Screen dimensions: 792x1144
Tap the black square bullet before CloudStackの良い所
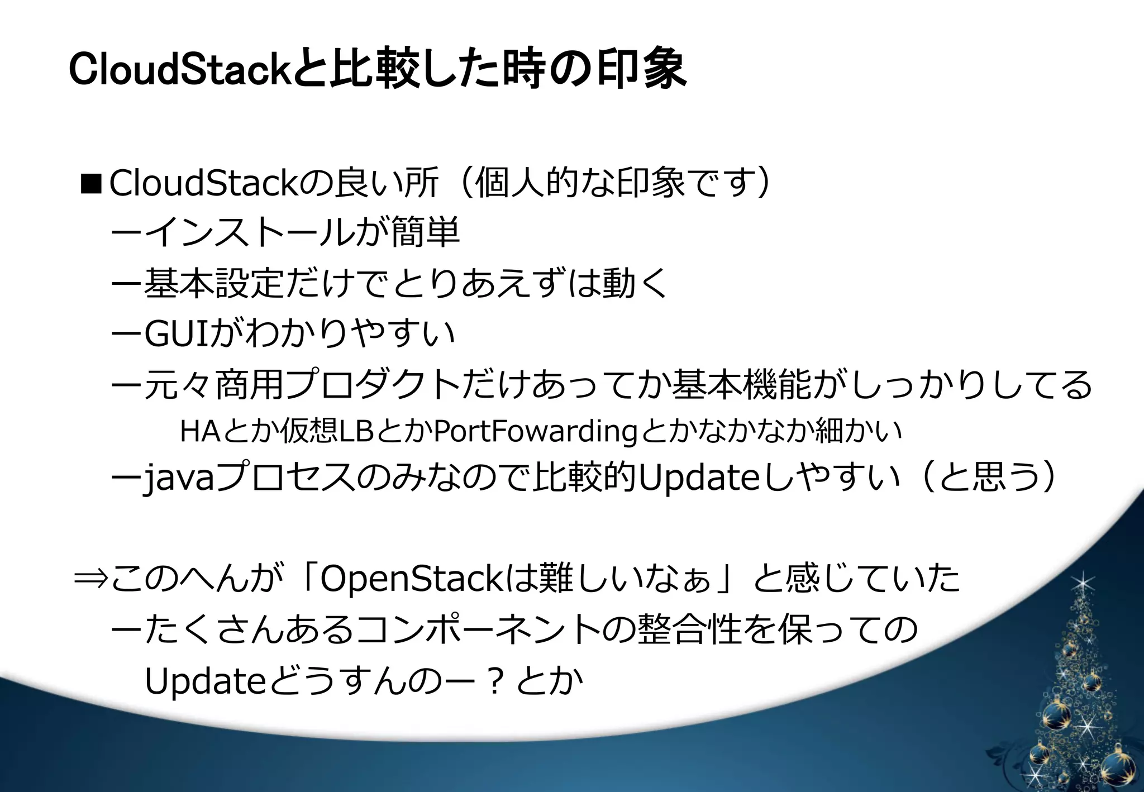pyautogui.click(x=90, y=183)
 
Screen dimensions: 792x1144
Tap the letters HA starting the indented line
pyautogui.click(x=199, y=431)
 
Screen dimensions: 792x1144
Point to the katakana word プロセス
pyautogui.click(x=285, y=479)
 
